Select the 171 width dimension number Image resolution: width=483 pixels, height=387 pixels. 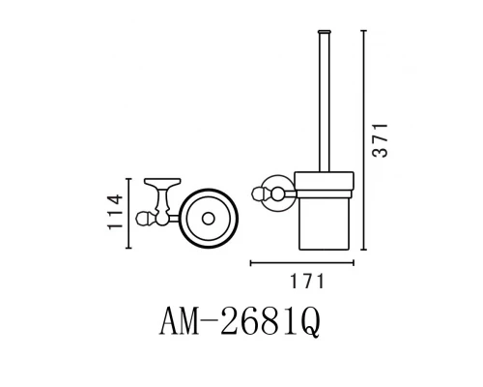[303, 282]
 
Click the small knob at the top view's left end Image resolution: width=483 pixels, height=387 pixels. [143, 218]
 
